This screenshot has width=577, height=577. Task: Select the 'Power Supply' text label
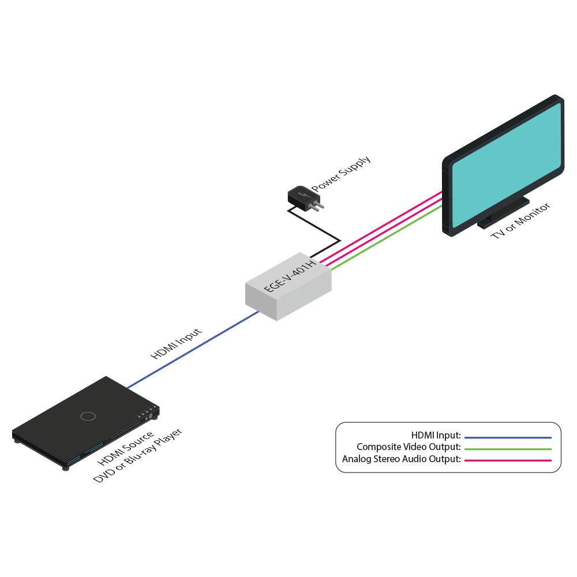pos(341,174)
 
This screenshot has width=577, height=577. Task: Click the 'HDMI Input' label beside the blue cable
pos(177,344)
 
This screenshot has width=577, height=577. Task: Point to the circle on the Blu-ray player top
pos(88,416)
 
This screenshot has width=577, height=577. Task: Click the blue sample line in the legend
pos(508,437)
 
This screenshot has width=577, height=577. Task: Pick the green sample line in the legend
pos(508,448)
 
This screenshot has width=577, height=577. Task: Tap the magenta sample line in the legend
pos(508,460)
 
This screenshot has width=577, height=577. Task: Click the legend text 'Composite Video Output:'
pos(409,447)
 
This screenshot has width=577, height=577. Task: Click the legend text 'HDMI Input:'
pos(436,435)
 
